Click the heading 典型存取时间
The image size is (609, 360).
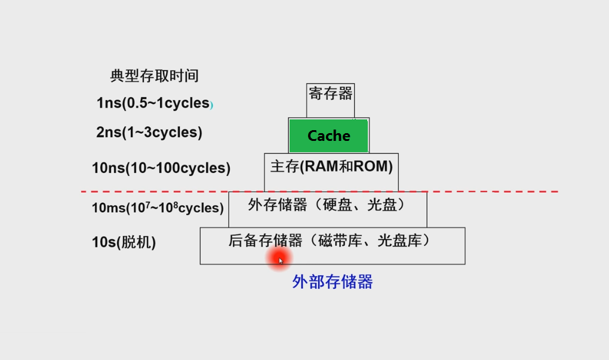[154, 76]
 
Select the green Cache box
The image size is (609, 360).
[328, 136]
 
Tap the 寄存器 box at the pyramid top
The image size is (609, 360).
[330, 93]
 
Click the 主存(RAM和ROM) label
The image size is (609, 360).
[331, 167]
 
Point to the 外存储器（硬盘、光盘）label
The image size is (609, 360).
[327, 205]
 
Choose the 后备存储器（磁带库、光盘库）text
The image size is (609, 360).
[330, 241]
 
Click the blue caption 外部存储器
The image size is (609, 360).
[333, 282]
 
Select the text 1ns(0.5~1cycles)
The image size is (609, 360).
[153, 103]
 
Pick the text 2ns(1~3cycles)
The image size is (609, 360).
[149, 133]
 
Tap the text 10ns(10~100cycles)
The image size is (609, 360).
[161, 168]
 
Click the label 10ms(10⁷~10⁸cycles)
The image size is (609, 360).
[158, 208]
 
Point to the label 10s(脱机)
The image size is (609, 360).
[124, 242]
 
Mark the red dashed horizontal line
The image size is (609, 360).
[149, 192]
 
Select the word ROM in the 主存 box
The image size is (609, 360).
[371, 167]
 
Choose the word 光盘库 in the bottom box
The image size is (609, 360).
[403, 241]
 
